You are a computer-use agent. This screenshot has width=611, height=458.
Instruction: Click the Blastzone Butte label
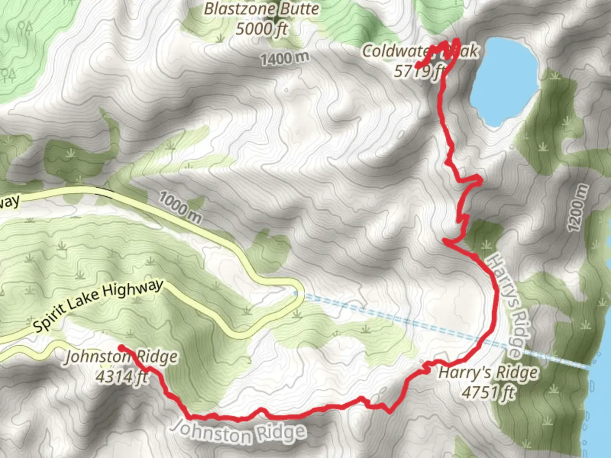(x=261, y=9)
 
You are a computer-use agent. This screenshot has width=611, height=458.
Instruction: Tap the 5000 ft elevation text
(x=261, y=29)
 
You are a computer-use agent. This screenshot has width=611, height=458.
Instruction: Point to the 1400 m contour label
(x=285, y=59)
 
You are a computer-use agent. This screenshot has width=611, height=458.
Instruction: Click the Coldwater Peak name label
(x=420, y=51)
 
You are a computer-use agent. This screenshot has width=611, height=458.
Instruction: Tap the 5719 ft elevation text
(x=419, y=71)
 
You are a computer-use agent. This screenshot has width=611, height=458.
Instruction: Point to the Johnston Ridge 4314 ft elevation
(x=122, y=376)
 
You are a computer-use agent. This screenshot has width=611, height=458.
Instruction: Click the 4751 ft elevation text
(x=488, y=392)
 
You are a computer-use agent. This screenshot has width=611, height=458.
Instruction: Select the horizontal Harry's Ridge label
(x=488, y=373)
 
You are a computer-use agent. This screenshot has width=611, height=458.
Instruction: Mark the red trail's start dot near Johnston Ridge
(x=121, y=348)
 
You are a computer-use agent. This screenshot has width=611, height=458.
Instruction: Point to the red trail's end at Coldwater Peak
(x=417, y=66)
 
